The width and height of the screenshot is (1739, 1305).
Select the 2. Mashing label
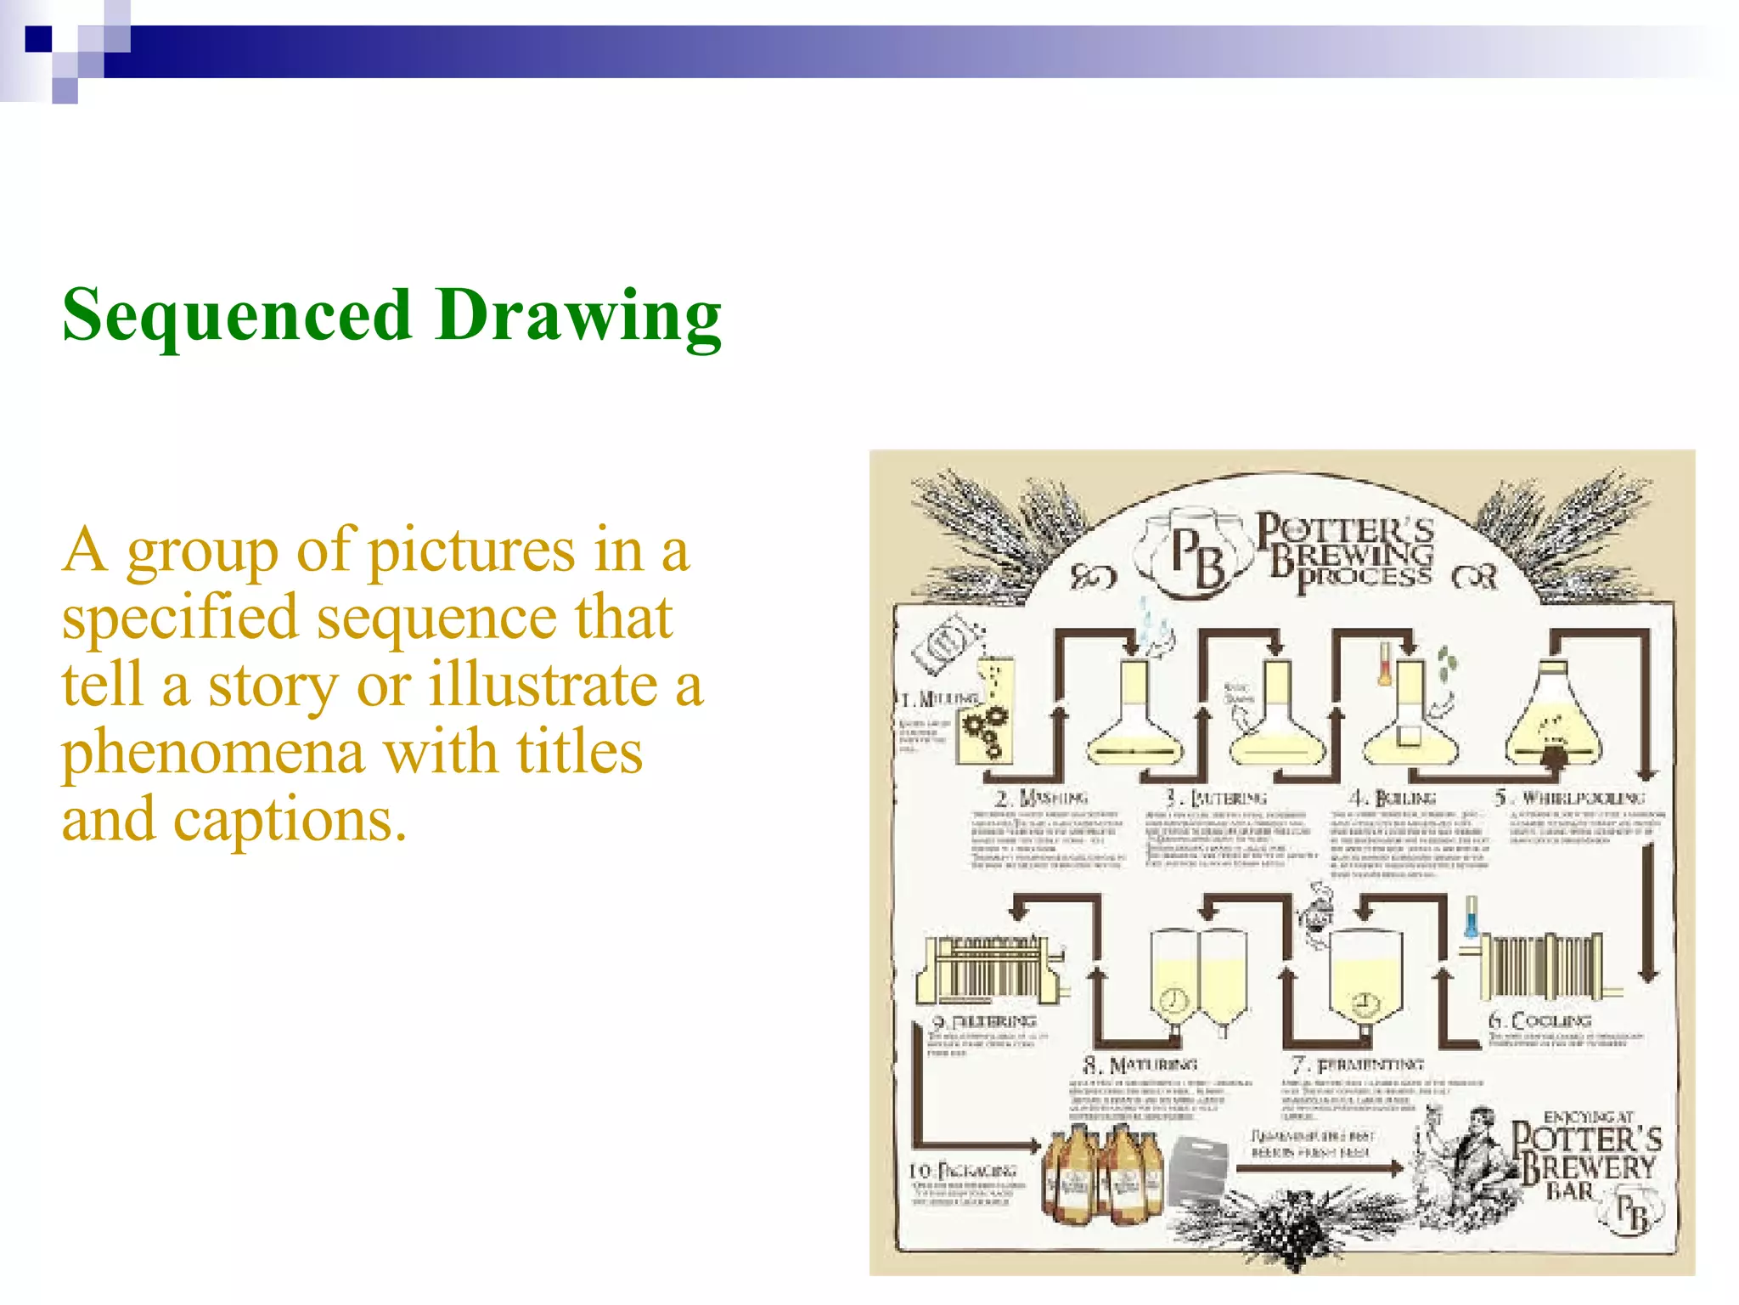(1041, 798)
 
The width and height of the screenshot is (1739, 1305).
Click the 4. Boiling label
(1393, 798)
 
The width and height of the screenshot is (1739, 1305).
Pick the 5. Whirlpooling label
(1570, 798)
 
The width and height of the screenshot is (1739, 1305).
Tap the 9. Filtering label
(984, 1020)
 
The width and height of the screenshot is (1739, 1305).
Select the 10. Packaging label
(963, 1172)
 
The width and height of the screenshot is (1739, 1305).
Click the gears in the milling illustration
(983, 732)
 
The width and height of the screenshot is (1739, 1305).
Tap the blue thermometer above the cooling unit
(1472, 918)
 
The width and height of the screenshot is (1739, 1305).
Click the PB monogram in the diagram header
(1198, 556)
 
